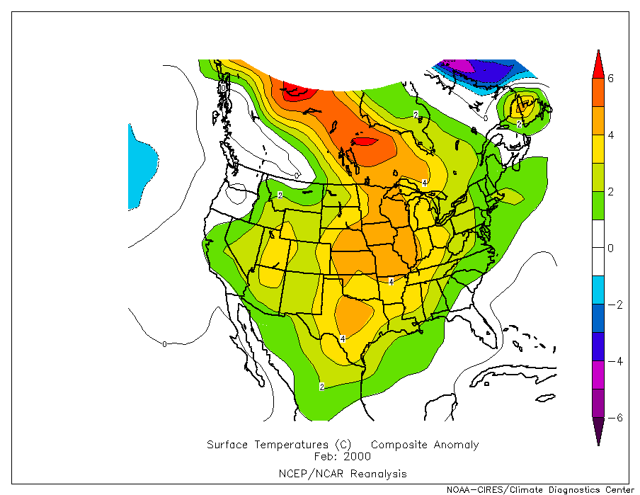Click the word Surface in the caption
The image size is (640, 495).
229,445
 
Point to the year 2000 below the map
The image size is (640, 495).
356,457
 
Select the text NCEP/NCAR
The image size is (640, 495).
305,473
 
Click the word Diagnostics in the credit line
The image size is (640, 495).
574,489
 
